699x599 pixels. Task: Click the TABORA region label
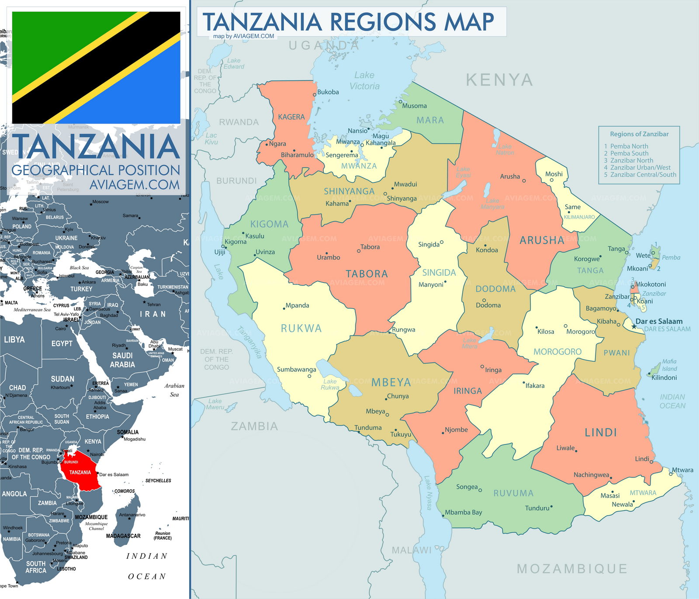tap(367, 274)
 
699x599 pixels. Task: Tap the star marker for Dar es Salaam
tap(633, 326)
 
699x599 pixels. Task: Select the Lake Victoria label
tap(364, 81)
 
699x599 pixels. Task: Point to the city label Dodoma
tap(488, 305)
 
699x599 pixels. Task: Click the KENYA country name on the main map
tap(499, 80)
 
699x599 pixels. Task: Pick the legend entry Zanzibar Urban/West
tap(640, 167)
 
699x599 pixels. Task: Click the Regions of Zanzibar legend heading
tap(639, 134)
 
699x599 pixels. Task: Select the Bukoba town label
tap(328, 92)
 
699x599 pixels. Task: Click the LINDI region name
tap(601, 433)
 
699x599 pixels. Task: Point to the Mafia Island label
tap(669, 365)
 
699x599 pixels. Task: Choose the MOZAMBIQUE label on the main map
tap(572, 568)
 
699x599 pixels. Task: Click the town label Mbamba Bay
tap(464, 512)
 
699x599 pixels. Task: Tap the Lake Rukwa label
tap(330, 384)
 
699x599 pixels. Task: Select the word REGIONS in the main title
tap(383, 22)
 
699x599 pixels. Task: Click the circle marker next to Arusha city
tap(524, 180)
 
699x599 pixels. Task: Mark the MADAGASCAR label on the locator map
tap(123, 536)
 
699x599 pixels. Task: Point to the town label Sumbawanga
tap(296, 370)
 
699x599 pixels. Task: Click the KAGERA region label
tap(291, 117)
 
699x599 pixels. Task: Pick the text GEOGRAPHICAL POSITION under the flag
tap(96, 170)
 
